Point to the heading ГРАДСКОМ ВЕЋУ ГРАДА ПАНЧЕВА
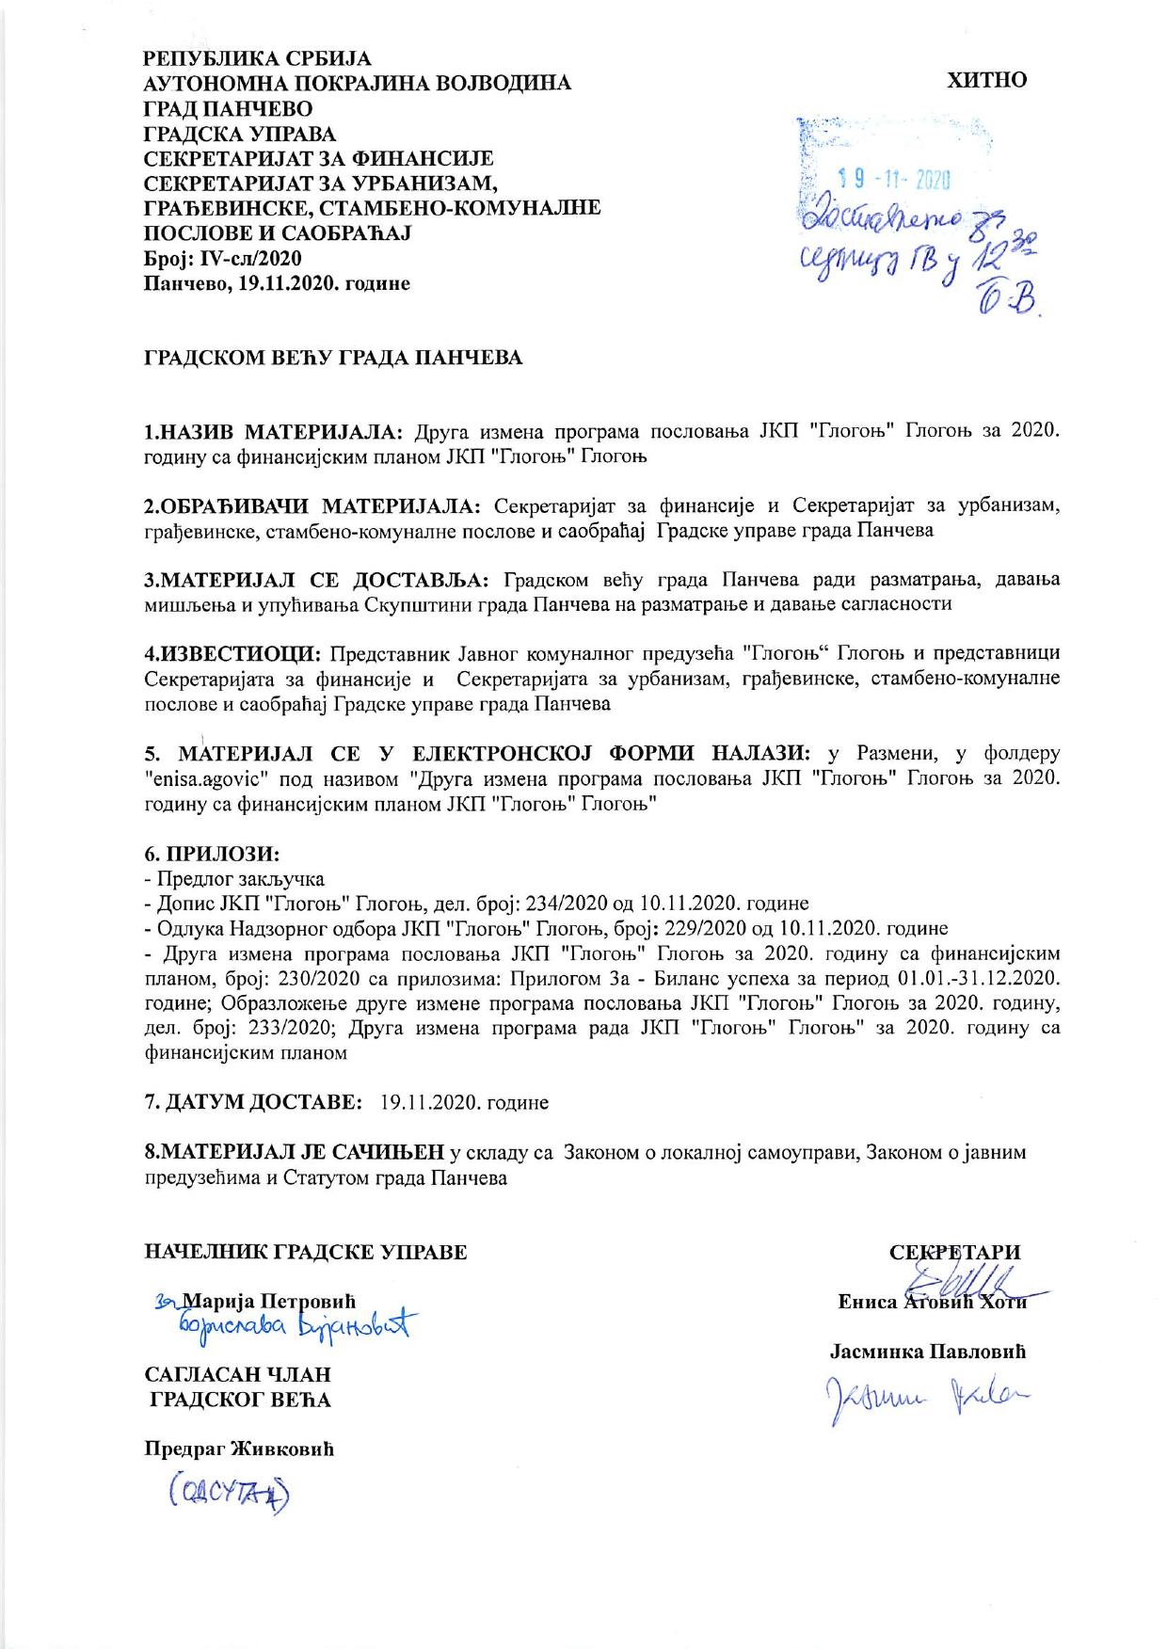point(332,359)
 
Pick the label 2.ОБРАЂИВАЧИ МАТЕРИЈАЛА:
point(312,506)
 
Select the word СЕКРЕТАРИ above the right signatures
point(954,1253)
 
